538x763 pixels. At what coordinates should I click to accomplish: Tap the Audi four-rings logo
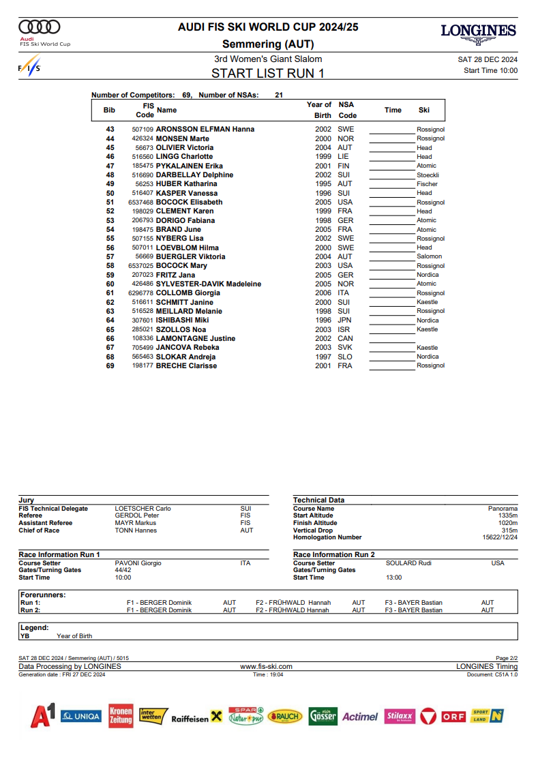point(40,27)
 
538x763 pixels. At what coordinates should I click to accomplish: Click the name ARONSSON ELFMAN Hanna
point(205,129)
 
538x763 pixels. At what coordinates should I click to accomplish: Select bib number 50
point(110,193)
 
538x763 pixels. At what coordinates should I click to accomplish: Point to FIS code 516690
point(143,175)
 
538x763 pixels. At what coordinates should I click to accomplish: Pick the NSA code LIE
point(343,156)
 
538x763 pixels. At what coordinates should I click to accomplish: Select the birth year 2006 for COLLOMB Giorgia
point(323,293)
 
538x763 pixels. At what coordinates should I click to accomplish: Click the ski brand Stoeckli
point(428,175)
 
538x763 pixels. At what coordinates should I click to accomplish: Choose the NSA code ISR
point(345,329)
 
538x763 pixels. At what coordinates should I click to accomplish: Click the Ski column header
point(424,110)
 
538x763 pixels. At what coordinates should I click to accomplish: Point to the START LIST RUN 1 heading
point(268,73)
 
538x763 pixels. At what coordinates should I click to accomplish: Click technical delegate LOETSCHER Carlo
point(143,509)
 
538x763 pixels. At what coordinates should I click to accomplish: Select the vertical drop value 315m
point(509,530)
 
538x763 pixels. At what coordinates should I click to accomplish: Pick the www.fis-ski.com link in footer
point(267,666)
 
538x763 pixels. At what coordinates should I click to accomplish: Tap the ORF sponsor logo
point(453,717)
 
